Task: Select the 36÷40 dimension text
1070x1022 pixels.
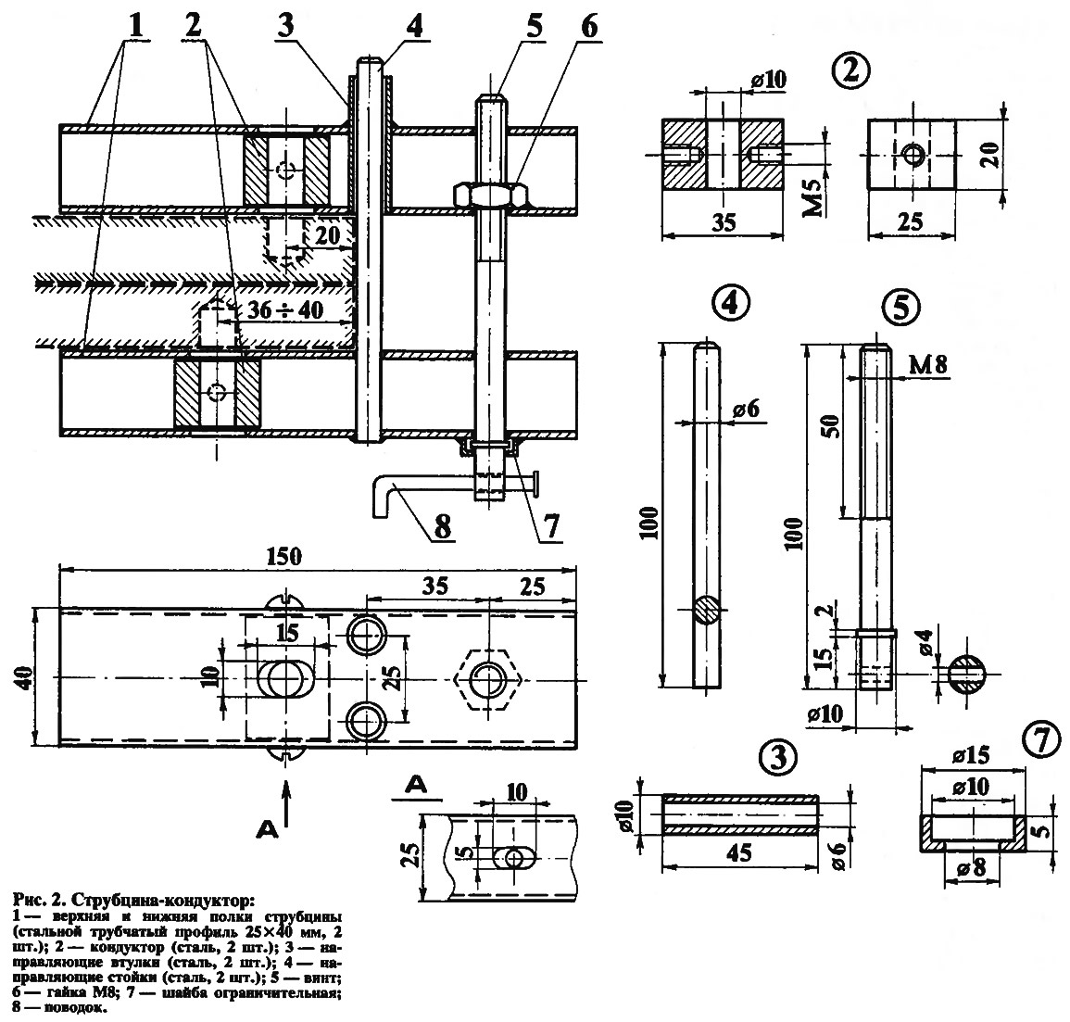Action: click(x=284, y=310)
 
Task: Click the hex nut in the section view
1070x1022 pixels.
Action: click(x=491, y=194)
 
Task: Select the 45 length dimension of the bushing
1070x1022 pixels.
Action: click(x=739, y=852)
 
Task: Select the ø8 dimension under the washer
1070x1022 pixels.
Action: click(x=971, y=870)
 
